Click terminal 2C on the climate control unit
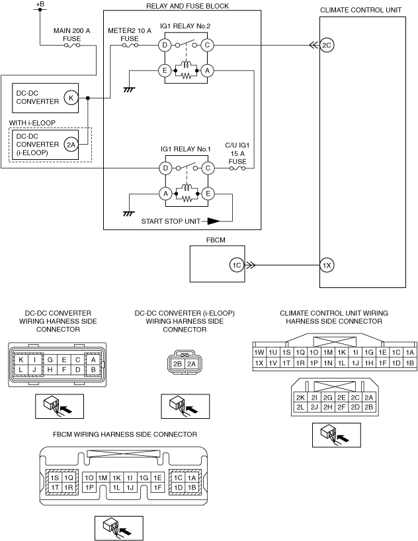coord(327,45)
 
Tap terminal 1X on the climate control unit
coord(327,266)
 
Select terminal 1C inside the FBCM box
coord(237,265)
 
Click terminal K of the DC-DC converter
coord(71,98)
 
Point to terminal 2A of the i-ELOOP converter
coord(71,145)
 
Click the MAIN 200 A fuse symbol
coord(72,45)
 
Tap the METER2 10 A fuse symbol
coord(130,45)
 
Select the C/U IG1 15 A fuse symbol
coord(237,168)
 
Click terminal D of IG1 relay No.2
coord(165,45)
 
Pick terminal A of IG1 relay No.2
coord(207,71)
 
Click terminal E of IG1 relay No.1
coord(208,194)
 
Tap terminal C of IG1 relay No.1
coord(208,168)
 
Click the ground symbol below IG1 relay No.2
coord(129,90)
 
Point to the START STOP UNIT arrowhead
coord(214,221)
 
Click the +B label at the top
coord(40,4)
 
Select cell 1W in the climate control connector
coord(259,352)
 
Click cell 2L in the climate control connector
coord(300,407)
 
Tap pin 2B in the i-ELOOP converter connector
coord(177,364)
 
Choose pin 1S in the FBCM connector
coord(55,478)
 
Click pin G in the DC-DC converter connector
coord(50,360)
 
